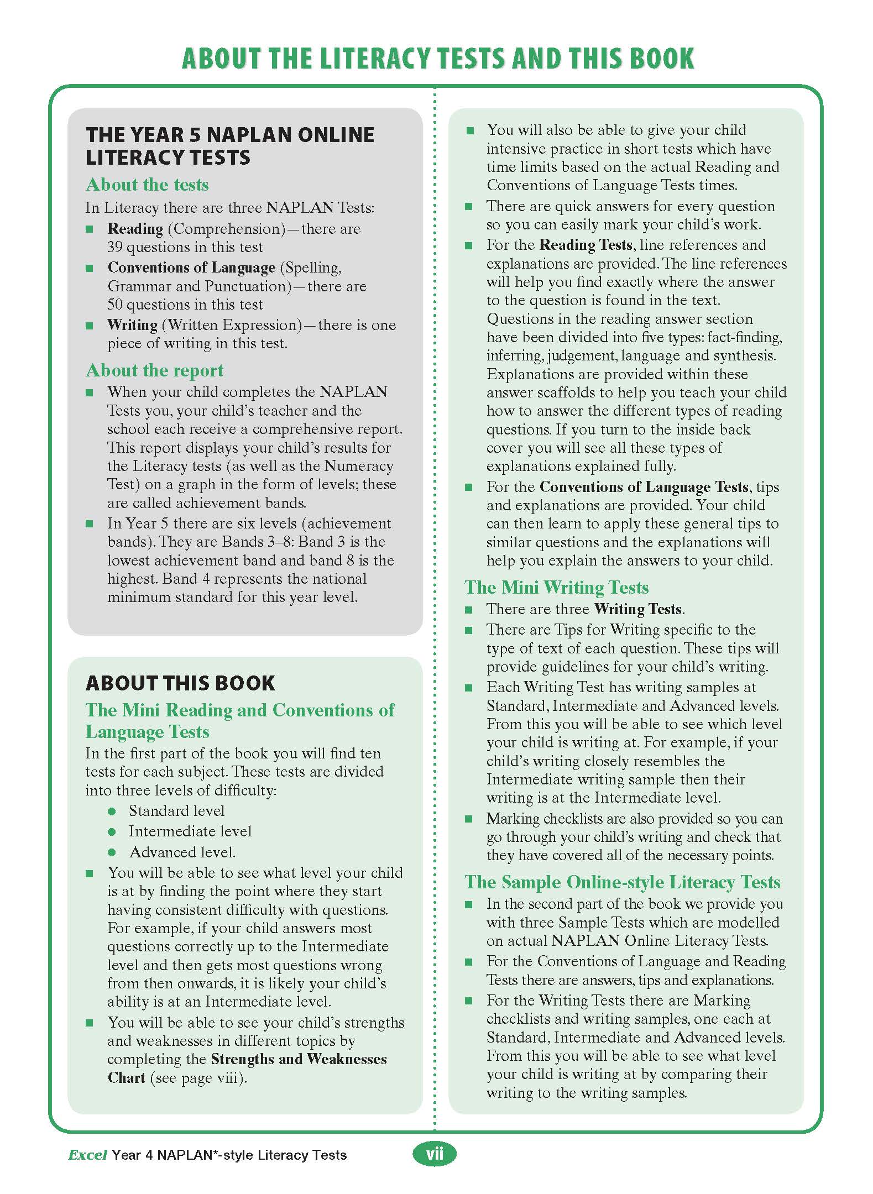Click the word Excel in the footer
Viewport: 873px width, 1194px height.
[x=87, y=1155]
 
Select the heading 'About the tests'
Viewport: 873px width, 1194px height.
[x=147, y=185]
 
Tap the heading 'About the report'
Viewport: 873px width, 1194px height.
[x=154, y=370]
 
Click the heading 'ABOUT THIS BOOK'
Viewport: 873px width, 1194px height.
[x=180, y=683]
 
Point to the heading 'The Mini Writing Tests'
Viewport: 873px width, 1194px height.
[x=556, y=587]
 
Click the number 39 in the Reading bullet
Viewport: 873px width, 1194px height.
[x=115, y=247]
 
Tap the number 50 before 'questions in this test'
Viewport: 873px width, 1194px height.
[x=115, y=305]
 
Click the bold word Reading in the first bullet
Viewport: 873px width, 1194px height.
[x=135, y=229]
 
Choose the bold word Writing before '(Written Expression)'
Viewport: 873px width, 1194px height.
[x=133, y=325]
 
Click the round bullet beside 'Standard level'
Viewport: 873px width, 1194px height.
[x=112, y=811]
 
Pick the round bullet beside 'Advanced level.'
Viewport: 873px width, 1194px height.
[x=112, y=853]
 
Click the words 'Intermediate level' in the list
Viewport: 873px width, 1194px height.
[x=190, y=831]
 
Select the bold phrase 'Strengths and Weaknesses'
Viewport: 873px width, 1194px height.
[x=299, y=1059]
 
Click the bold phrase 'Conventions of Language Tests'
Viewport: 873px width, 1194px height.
[x=644, y=487]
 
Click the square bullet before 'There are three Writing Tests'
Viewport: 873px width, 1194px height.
[x=469, y=610]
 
